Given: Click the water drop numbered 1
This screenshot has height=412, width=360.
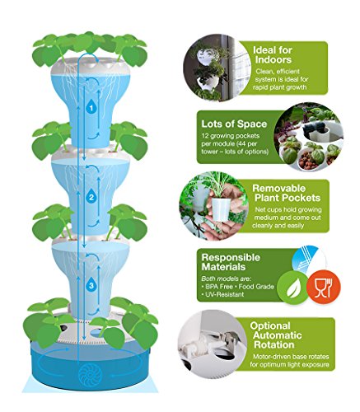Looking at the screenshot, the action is (x=91, y=107).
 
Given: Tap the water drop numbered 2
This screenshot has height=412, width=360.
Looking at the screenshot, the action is (x=91, y=196).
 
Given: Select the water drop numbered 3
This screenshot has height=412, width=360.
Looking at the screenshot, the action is (x=91, y=284).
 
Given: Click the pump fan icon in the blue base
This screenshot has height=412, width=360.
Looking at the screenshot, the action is (x=91, y=374).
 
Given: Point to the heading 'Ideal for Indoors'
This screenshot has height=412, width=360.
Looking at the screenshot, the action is (x=272, y=55).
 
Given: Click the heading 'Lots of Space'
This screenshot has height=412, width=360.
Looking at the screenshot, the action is (x=234, y=124).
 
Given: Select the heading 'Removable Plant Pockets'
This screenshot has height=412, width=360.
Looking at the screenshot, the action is (x=286, y=193).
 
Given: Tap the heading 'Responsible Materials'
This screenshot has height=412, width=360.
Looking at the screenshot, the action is (x=231, y=262).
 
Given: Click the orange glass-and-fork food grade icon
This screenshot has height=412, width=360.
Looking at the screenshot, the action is (x=324, y=287).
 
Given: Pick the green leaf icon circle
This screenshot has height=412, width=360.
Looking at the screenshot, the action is (x=292, y=288).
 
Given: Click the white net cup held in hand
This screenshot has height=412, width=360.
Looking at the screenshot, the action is (x=220, y=208).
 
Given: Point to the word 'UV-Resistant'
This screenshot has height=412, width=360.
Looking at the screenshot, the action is (x=225, y=294).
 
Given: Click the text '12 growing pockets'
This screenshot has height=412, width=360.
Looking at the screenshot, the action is (x=231, y=136).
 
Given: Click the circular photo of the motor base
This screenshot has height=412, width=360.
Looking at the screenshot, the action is (x=212, y=345).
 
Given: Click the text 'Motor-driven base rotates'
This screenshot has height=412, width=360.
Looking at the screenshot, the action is (x=291, y=357).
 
